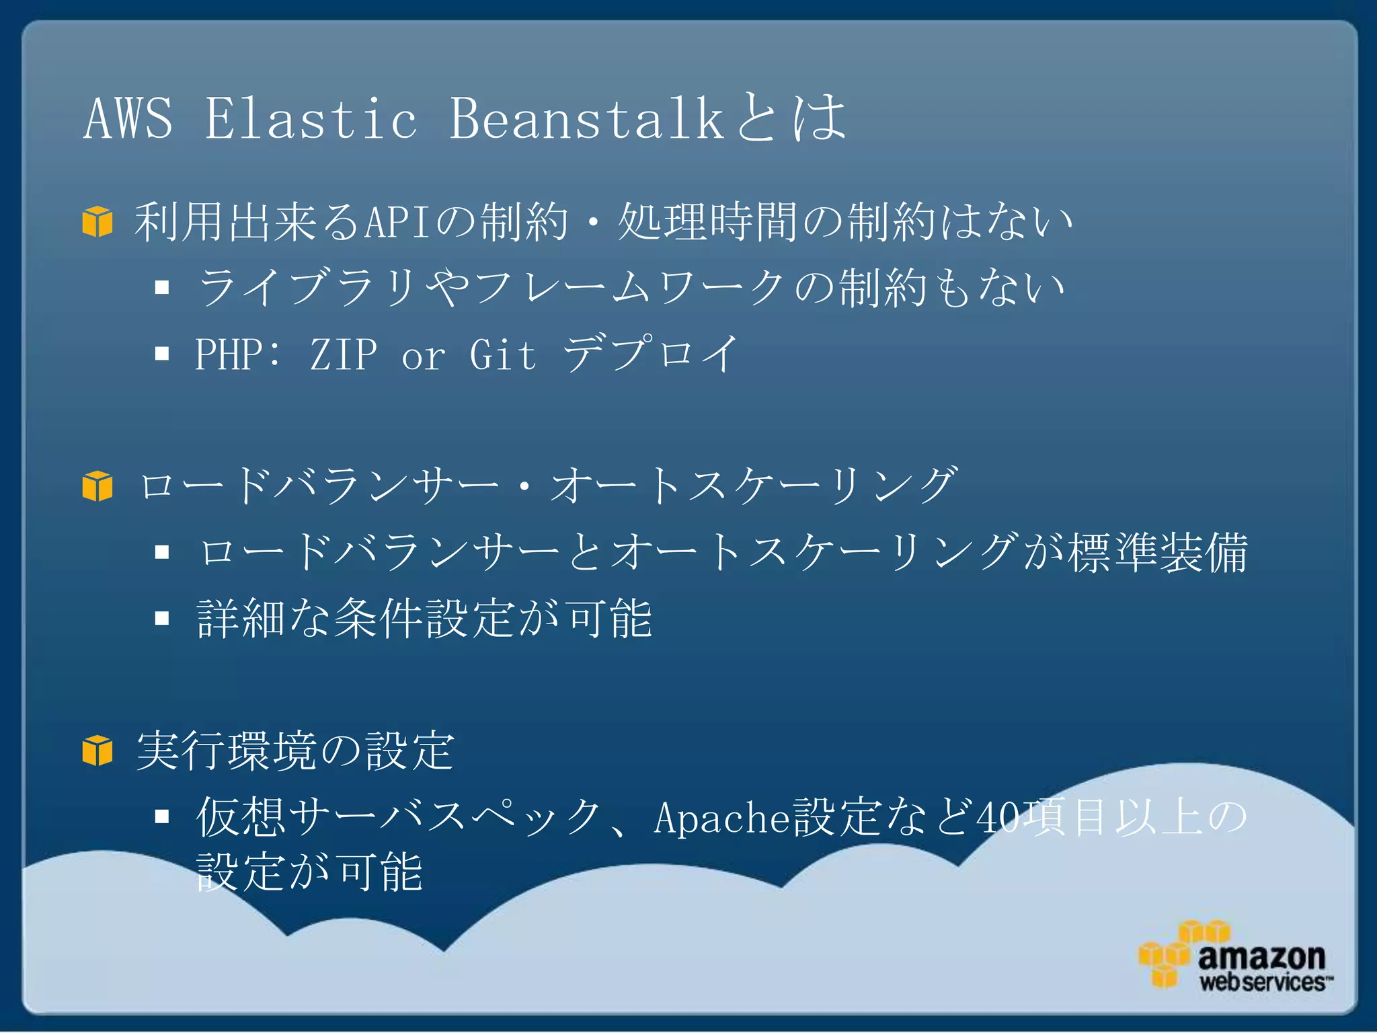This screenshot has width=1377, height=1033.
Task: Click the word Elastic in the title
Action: pos(311,118)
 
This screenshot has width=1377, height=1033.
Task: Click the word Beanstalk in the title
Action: pos(586,118)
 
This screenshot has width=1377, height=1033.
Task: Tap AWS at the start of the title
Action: pos(128,118)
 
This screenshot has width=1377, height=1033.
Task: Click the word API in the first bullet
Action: pos(397,222)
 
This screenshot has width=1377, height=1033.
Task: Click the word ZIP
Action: pos(343,354)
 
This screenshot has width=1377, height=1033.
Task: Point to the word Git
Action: pos(502,354)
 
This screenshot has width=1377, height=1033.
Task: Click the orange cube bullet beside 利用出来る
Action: pos(97,222)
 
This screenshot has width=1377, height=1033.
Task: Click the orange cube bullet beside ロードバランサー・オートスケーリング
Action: pos(97,486)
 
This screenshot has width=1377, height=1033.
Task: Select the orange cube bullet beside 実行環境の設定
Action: pos(97,751)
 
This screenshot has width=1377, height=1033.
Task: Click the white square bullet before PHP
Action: pos(161,354)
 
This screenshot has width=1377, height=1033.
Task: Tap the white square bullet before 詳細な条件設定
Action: pos(161,618)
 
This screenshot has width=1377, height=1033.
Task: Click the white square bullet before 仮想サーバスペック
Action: pos(161,816)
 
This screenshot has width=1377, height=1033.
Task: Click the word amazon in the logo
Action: pos(1261,956)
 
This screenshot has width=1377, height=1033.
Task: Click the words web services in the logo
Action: pos(1263,982)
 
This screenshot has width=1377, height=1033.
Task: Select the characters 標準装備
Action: pos(1158,553)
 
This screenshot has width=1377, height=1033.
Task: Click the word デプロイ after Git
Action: pos(651,354)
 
